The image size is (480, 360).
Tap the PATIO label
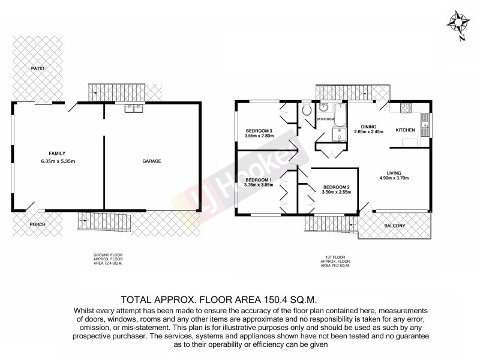click(38, 69)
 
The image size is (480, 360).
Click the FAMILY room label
click(57, 153)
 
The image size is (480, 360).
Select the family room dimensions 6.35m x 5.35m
click(57, 161)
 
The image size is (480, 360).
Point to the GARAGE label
click(152, 161)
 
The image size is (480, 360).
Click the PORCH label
click(38, 224)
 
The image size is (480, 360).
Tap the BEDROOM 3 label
click(259, 131)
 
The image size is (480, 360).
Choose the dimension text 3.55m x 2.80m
click(259, 136)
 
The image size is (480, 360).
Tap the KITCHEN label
click(406, 130)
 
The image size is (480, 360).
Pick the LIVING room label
click(394, 172)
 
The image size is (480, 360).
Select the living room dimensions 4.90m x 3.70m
click(394, 178)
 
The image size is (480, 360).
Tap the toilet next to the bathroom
click(306, 109)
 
